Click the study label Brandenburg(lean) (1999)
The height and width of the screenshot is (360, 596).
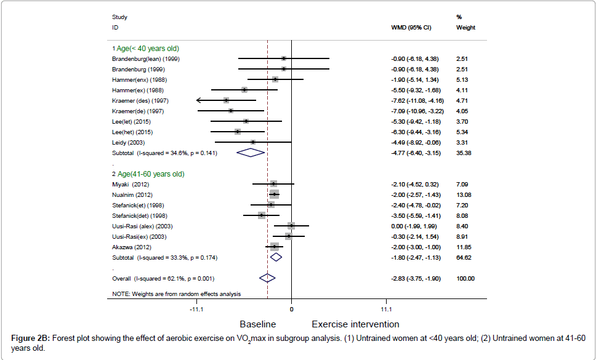pos(146,58)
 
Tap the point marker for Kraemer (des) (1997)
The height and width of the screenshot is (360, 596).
pos(227,100)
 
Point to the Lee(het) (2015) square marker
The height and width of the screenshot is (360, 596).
pos(238,132)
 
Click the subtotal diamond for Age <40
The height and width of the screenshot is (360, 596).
pos(250,153)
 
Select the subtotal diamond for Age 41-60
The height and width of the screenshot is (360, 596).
pos(276,257)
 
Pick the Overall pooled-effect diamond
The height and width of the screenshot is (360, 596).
pos(267,278)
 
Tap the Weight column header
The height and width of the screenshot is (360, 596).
pos(465,28)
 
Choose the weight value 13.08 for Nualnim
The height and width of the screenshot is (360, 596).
pos(464,194)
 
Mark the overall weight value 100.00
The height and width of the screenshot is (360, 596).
pos(465,278)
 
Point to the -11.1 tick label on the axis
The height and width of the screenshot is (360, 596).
pos(197,308)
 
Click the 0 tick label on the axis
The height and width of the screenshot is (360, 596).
pos(291,308)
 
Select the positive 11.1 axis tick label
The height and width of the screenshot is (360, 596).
pos(385,308)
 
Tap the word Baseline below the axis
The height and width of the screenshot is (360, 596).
pos(257,324)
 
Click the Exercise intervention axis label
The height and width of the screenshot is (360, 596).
pos(355,324)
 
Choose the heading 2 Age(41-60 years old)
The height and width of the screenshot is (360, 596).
pos(148,174)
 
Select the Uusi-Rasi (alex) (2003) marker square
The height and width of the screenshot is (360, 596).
pos(291,226)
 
